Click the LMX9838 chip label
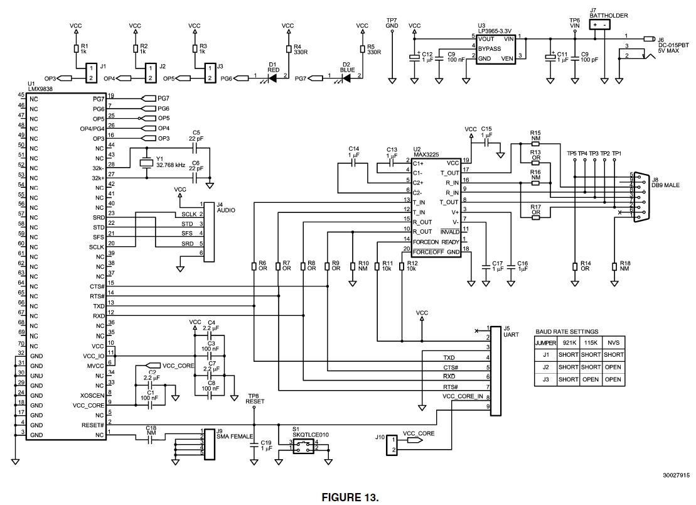(40, 90)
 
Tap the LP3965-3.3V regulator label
(493, 30)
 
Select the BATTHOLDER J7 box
(601, 24)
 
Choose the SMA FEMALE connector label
(235, 436)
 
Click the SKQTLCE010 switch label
(306, 434)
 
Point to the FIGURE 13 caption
(350, 497)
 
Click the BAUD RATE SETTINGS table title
(566, 331)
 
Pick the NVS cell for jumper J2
(613, 367)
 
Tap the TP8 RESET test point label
(255, 399)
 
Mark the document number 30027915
(675, 475)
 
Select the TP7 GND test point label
(392, 23)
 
